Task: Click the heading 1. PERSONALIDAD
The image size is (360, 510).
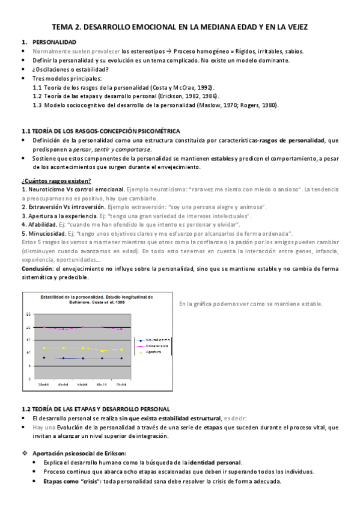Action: coord(54,43)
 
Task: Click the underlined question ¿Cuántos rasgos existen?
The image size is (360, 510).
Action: coord(56,180)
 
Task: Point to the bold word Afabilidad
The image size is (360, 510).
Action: coord(45,224)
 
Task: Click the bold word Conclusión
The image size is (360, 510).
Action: coord(37,268)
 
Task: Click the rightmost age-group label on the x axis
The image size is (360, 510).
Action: coord(121,383)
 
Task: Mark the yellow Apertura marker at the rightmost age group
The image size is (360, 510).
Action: coord(121,349)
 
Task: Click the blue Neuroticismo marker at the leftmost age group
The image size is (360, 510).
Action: coord(44,358)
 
